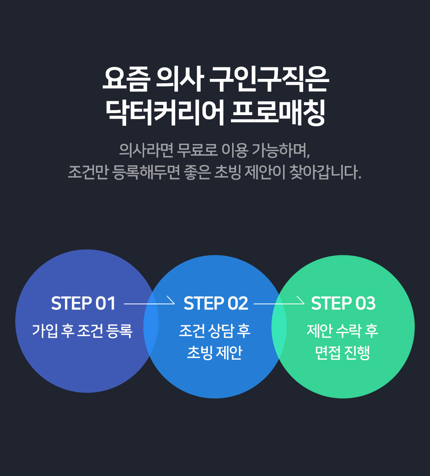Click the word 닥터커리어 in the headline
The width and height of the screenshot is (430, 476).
point(165,112)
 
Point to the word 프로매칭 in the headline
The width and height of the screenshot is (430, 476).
point(278,112)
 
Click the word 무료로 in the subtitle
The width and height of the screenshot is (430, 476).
point(197,150)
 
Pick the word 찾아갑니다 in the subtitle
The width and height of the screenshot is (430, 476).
point(325,172)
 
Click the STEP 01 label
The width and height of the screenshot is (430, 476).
point(83,303)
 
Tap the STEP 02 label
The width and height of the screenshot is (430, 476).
point(216,303)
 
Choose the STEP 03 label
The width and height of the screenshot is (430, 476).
point(343,303)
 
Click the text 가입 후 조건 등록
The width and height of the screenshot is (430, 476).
point(82,331)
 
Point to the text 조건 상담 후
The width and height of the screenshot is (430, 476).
point(215,331)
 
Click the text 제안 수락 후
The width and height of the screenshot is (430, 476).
point(342,331)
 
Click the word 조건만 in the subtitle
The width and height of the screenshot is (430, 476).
point(88,172)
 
